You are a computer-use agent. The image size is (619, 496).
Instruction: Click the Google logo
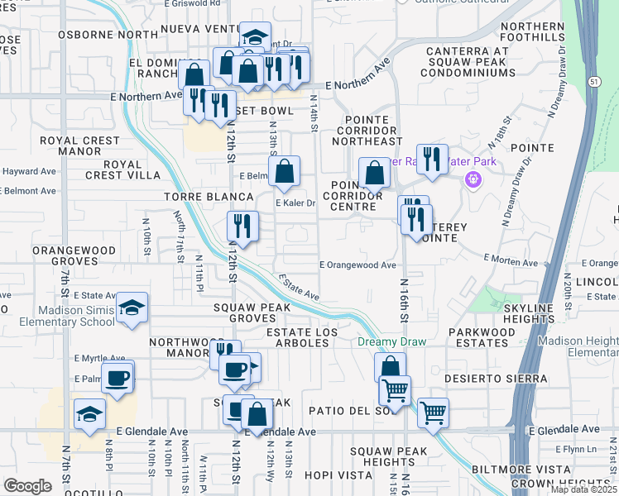pyautogui.click(x=26, y=485)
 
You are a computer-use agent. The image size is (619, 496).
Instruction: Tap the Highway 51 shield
pyautogui.click(x=594, y=81)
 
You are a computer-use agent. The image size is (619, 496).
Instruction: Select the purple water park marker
pyautogui.click(x=473, y=178)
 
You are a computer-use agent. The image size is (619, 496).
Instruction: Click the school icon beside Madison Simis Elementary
pyautogui.click(x=132, y=308)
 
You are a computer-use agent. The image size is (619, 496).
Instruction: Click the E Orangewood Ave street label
pyautogui.click(x=358, y=265)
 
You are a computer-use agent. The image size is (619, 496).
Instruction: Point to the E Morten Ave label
pyautogui.click(x=508, y=262)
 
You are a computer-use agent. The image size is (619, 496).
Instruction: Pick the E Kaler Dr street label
pyautogui.click(x=295, y=203)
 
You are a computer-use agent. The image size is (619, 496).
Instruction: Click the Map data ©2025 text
pyautogui.click(x=583, y=489)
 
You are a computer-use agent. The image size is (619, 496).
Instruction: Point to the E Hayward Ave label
pyautogui.click(x=28, y=172)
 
